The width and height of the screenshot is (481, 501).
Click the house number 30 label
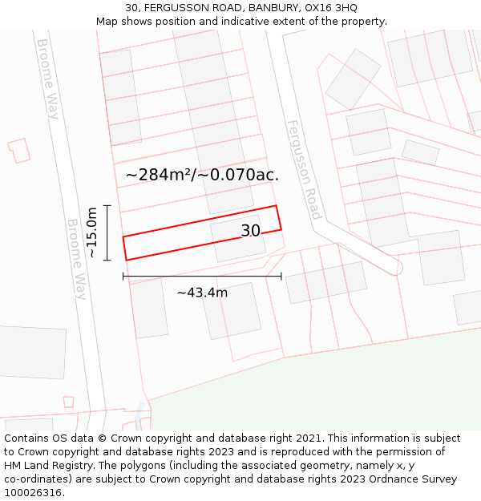point(250,231)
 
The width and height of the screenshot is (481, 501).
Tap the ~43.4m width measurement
point(202,293)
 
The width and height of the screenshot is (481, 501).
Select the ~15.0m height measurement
point(92,232)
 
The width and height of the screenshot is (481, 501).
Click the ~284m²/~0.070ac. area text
point(202,175)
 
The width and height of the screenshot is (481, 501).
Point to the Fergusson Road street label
point(304,169)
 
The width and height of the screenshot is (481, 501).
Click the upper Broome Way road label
point(48,79)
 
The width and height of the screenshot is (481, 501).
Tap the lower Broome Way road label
point(76,259)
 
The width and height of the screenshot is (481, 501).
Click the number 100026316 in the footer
point(33,493)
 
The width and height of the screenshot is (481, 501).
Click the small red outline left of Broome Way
point(18,150)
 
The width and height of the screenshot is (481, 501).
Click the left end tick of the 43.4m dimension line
point(123,276)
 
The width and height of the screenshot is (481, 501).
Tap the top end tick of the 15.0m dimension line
point(107,206)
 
